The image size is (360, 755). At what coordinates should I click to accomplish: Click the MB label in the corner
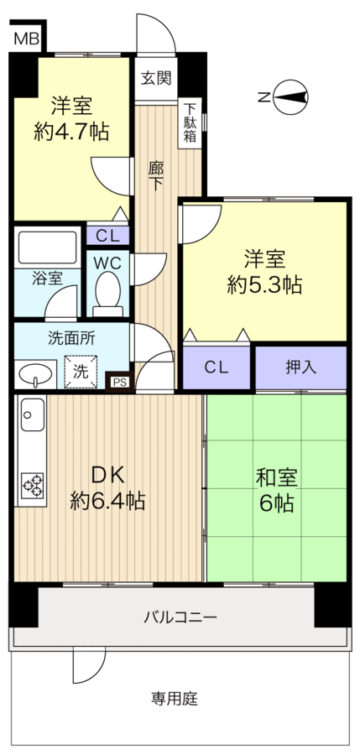[x=27, y=39]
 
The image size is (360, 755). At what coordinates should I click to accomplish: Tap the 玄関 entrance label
[x=155, y=78]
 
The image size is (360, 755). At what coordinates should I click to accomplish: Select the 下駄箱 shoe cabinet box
[x=190, y=123]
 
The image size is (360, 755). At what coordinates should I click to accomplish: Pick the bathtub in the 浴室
[x=48, y=247]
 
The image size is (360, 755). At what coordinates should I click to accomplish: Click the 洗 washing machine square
[x=81, y=372]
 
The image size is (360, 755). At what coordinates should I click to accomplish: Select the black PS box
[x=120, y=382]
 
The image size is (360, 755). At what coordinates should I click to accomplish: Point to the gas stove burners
[x=32, y=487]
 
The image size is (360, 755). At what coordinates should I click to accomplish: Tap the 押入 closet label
[x=300, y=367]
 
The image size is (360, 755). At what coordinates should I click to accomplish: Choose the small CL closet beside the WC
[x=107, y=236]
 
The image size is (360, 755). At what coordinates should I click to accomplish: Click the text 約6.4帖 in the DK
[x=107, y=502]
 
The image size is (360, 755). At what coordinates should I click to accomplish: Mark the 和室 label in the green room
[x=276, y=478]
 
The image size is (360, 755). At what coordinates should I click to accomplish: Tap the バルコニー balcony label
[x=180, y=617]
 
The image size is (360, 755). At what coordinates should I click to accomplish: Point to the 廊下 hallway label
[x=155, y=176]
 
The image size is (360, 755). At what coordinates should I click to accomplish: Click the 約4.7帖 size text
[x=71, y=132]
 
